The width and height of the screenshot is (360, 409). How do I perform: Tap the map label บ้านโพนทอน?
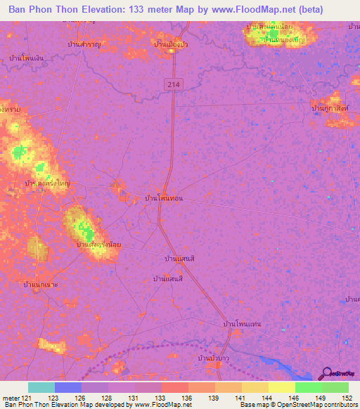(x=163, y=199)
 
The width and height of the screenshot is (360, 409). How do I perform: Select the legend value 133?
(x=160, y=398)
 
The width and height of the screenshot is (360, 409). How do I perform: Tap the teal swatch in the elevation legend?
(x=41, y=387)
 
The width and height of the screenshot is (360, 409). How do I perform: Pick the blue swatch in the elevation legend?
(x=67, y=387)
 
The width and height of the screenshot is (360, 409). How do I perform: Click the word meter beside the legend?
(x=10, y=398)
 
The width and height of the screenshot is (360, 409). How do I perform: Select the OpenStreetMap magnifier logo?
(x=326, y=373)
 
